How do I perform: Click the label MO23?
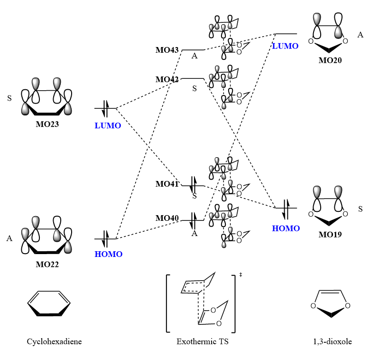[x=47, y=125]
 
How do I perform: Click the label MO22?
[x=47, y=264]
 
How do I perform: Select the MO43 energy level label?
[x=167, y=50]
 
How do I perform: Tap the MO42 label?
[x=167, y=79]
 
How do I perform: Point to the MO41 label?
[x=167, y=184]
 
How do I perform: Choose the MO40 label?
[x=167, y=218]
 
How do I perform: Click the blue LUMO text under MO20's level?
[x=285, y=46]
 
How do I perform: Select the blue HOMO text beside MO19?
[x=286, y=228]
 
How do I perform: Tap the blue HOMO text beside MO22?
[x=109, y=254]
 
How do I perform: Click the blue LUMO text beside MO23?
[x=108, y=125]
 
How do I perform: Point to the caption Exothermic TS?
[x=203, y=341]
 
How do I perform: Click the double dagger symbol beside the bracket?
[x=241, y=275]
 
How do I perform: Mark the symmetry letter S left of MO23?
[x=9, y=99]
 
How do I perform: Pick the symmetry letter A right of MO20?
[x=360, y=35]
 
